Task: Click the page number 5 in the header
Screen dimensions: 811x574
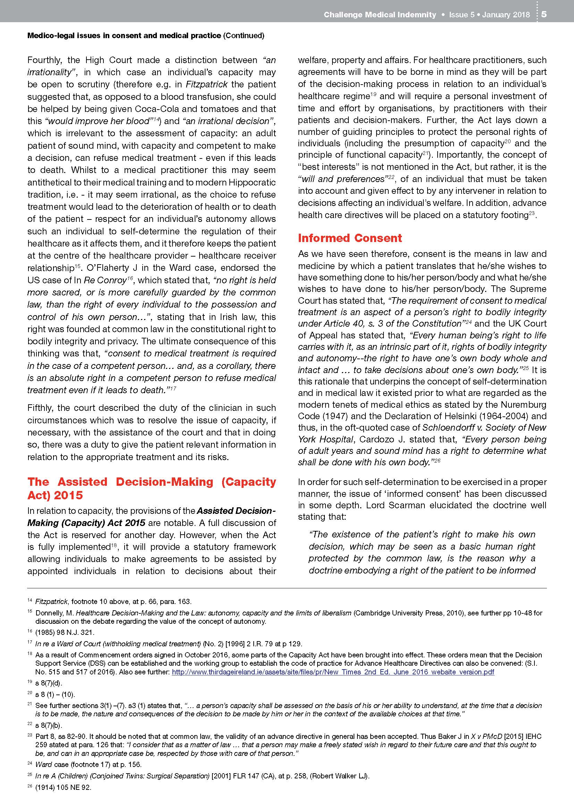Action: pyautogui.click(x=544, y=15)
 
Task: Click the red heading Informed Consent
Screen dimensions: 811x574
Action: pyautogui.click(x=349, y=238)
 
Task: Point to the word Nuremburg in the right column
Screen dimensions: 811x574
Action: pyautogui.click(x=521, y=405)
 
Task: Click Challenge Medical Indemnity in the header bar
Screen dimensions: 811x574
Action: pyautogui.click(x=380, y=15)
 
